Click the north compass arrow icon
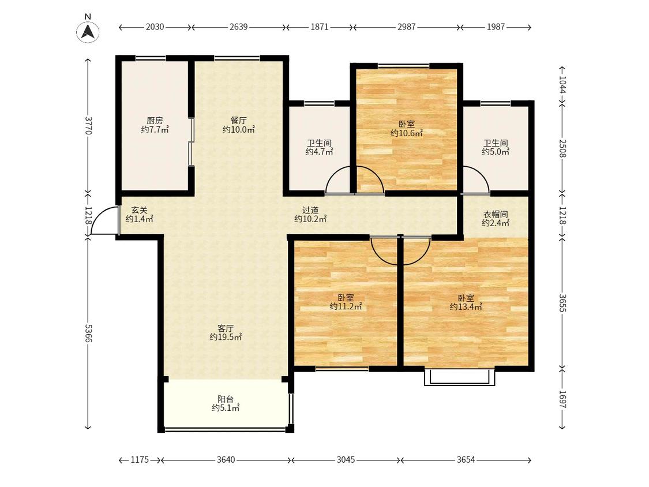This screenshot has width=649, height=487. tap(88, 32)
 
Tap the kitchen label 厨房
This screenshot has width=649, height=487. tap(155, 121)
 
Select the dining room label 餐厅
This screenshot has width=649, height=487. tap(238, 121)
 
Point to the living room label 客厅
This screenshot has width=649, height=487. tap(226, 328)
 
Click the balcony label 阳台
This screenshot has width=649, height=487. tap(226, 399)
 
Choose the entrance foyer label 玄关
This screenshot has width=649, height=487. tap(140, 211)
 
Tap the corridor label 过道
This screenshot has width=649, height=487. tap(310, 211)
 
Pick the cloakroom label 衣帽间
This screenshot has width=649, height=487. tap(496, 215)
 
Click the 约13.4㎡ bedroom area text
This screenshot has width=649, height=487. tap(466, 308)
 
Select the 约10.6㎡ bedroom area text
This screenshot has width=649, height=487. tap(407, 133)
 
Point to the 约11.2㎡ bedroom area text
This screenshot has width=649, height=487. tap(346, 307)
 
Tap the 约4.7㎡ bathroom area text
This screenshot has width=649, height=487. tap(319, 152)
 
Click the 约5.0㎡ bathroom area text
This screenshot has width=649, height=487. tap(496, 152)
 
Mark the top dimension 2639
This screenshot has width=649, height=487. tap(238, 27)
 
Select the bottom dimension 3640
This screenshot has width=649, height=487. tap(226, 460)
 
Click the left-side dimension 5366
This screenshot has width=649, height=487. tap(88, 333)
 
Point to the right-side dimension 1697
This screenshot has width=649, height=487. tap(562, 399)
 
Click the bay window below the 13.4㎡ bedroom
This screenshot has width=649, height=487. tap(459, 377)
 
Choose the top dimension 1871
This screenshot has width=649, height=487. tap(319, 27)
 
